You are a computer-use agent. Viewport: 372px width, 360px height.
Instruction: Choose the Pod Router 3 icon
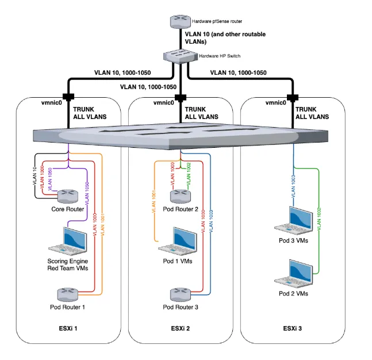click(181, 294)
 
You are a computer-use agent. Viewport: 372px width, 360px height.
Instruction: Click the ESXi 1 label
click(67, 329)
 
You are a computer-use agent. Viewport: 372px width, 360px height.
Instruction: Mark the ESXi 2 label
click(181, 329)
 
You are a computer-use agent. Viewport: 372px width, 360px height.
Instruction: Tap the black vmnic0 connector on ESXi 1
click(68, 97)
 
